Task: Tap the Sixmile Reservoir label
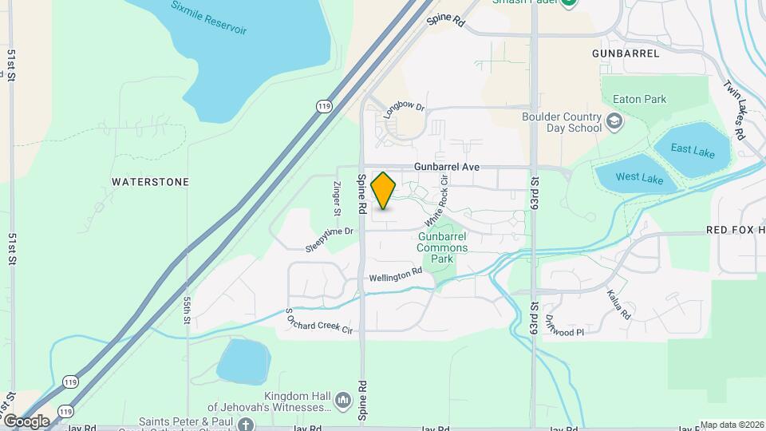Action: pos(209,18)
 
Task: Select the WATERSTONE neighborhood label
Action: pos(151,182)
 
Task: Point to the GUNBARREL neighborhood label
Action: pos(626,53)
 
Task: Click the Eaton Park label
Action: pos(639,100)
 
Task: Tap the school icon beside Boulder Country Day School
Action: pos(614,121)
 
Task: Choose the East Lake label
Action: pos(693,149)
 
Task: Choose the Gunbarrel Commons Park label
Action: pos(443,247)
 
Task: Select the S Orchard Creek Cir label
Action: pos(318,320)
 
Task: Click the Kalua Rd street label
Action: pos(619,305)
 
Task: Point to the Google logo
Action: pos(26,421)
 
